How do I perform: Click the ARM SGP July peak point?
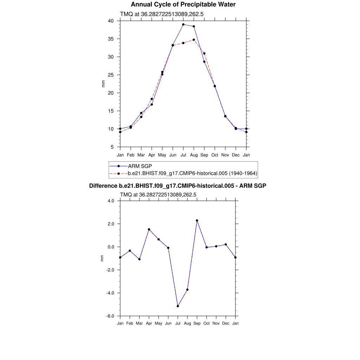pyautogui.click(x=183, y=25)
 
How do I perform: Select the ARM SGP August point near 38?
pyautogui.click(x=194, y=26)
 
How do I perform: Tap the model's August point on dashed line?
pyautogui.click(x=194, y=40)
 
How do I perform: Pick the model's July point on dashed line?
pyautogui.click(x=183, y=43)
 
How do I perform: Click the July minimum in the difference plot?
pyautogui.click(x=178, y=306)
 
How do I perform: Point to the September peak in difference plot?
pyautogui.click(x=197, y=220)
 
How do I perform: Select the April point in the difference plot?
pyautogui.click(x=149, y=229)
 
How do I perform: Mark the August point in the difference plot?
pyautogui.click(x=187, y=290)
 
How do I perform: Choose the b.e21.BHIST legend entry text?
pyautogui.click(x=193, y=173)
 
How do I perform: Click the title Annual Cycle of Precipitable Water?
pyautogui.click(x=183, y=5)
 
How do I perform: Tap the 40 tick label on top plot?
pyautogui.click(x=111, y=21)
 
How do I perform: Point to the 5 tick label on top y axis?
pyautogui.click(x=112, y=147)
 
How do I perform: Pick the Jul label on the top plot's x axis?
pyautogui.click(x=183, y=155)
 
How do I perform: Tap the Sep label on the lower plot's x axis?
pyautogui.click(x=197, y=323)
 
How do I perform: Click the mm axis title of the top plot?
pyautogui.click(x=103, y=84)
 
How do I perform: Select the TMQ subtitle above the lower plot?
pyautogui.click(x=158, y=194)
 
